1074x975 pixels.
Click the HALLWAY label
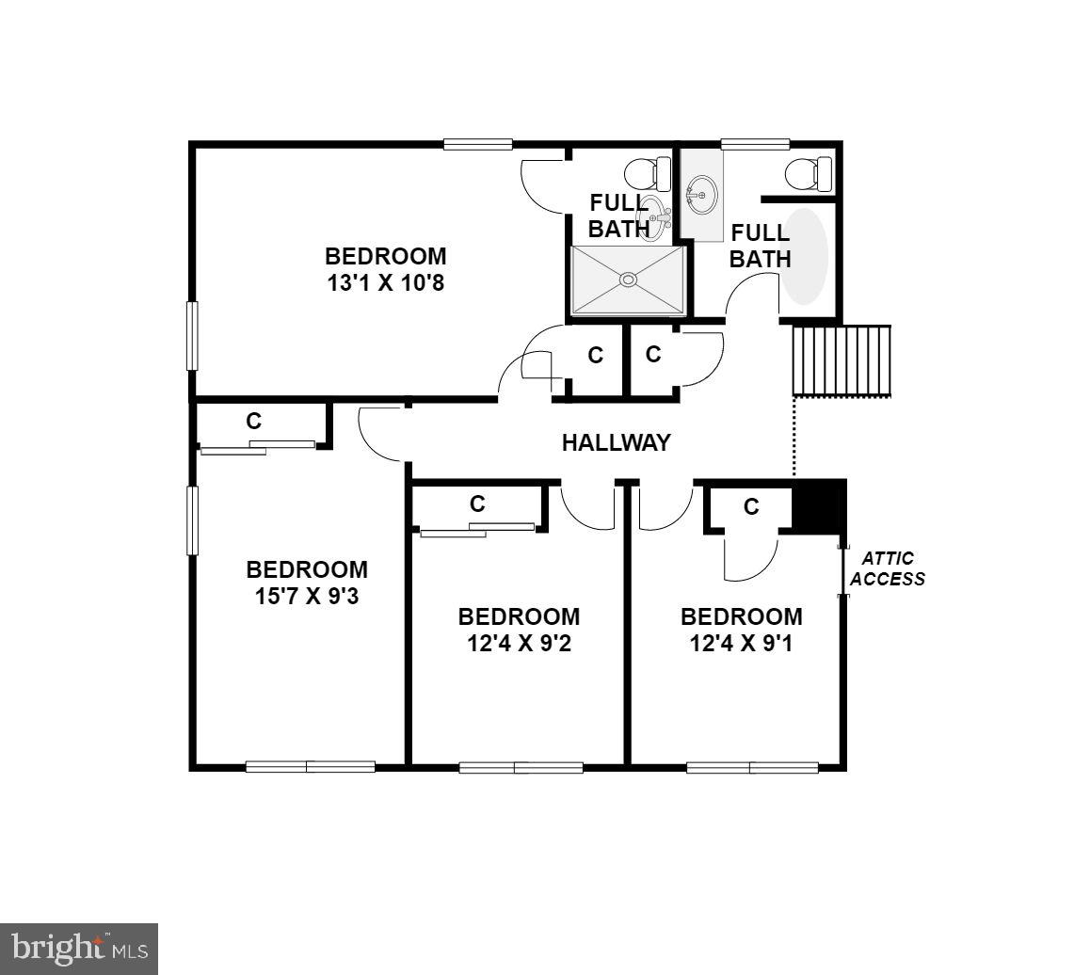616,442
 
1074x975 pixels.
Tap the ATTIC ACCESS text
888,569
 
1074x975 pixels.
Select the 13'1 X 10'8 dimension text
385,282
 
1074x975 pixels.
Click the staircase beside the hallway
842,360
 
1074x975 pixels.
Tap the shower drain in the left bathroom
628,279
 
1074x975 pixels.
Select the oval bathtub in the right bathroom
805,256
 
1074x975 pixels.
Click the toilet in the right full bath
809,174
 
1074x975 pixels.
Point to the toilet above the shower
648,174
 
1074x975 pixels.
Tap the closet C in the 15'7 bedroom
254,422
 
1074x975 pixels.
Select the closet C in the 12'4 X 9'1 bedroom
751,507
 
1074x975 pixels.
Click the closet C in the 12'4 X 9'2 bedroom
477,503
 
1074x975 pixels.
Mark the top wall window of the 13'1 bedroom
478,144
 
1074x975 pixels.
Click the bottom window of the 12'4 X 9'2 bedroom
521,767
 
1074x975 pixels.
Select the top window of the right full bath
755,144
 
